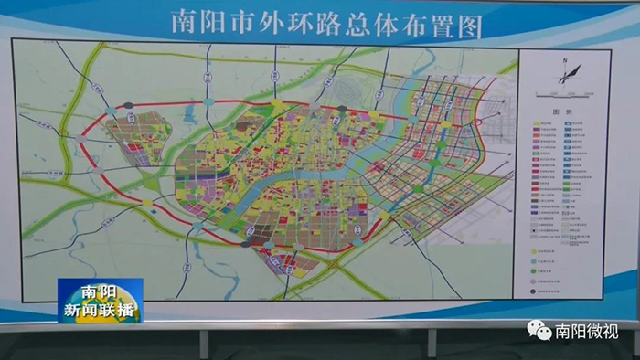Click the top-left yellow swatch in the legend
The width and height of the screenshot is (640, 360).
coord(535,123)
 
